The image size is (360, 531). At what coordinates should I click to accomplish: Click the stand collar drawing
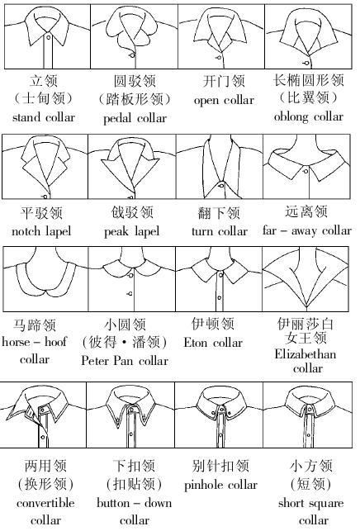(48, 36)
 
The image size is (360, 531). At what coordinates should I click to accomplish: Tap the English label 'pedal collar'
(135, 119)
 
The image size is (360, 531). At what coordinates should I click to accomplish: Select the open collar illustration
(221, 36)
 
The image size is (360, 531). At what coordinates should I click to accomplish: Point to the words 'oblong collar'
(309, 116)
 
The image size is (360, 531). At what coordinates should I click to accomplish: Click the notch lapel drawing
(45, 166)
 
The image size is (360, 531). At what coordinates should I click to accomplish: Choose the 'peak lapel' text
(131, 231)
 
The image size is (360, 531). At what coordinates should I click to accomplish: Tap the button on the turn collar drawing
(221, 185)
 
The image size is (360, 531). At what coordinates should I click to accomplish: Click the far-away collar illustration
(307, 166)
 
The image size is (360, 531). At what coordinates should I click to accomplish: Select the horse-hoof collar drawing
(45, 278)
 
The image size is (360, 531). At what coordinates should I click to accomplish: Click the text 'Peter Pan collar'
(125, 360)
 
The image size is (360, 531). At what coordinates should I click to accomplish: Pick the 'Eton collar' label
(213, 343)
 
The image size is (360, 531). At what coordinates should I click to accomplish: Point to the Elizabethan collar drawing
(306, 278)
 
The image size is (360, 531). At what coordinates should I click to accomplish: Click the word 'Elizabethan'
(306, 354)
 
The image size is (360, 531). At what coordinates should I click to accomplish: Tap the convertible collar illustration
(43, 415)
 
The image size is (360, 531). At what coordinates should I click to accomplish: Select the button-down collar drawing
(130, 415)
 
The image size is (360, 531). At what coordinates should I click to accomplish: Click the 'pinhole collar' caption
(220, 485)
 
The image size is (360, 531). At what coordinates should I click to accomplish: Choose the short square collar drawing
(308, 415)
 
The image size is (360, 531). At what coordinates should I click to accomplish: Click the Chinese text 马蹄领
(35, 325)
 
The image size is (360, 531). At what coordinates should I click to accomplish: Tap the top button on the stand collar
(49, 37)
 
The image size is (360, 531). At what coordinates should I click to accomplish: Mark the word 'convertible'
(45, 503)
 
